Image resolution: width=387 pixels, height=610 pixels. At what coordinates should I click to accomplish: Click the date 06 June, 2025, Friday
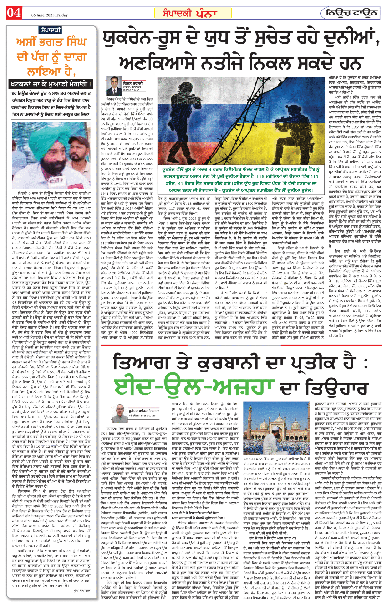pyautogui.click(x=49, y=15)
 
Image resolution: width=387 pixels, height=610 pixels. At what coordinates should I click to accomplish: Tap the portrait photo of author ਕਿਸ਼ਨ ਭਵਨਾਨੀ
pyautogui.click(x=113, y=86)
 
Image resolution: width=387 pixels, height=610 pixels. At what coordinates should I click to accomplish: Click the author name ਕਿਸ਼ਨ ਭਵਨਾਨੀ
pyautogui.click(x=133, y=83)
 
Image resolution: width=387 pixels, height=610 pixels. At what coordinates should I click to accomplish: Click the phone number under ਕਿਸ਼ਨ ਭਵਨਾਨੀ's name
pyautogui.click(x=132, y=90)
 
